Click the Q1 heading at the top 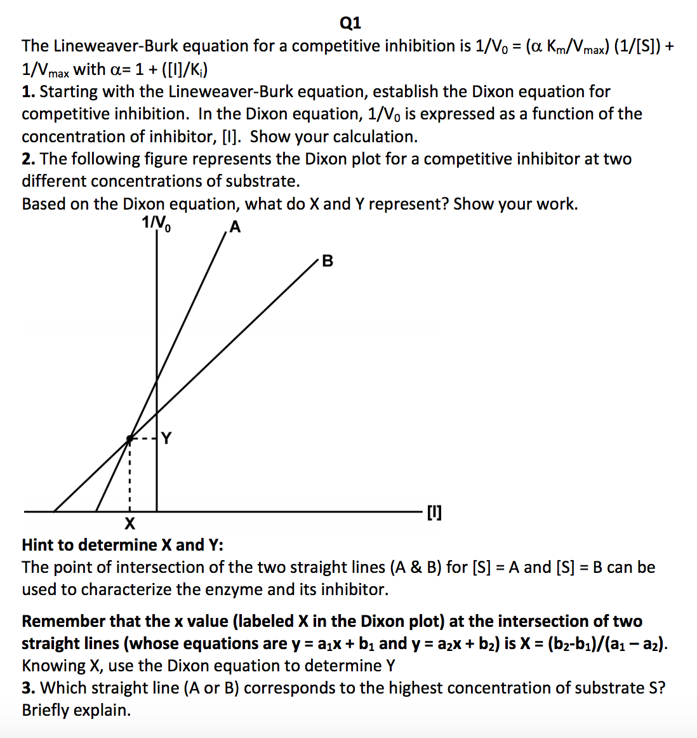click(350, 23)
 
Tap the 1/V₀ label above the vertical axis click(156, 223)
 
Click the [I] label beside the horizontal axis click(435, 512)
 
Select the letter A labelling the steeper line click(236, 227)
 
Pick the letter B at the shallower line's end click(328, 261)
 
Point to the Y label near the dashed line click(166, 438)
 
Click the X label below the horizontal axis click(129, 524)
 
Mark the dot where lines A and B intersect click(129, 438)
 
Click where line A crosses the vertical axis click(157, 379)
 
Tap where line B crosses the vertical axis click(157, 413)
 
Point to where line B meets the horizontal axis click(54, 511)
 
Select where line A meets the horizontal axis click(96, 511)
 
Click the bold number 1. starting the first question click(28, 91)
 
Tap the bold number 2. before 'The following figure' click(28, 159)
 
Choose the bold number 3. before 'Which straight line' click(28, 688)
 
